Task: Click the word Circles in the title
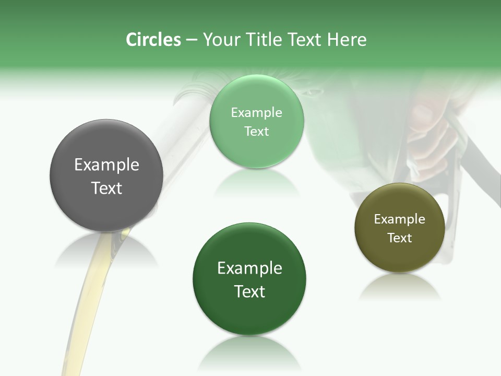153,40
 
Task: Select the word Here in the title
347,40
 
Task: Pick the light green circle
256,151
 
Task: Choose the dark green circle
249,313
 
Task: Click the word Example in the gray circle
106,165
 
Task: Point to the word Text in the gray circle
106,188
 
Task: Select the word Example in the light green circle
256,113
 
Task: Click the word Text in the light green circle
256,131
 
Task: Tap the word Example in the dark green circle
249,268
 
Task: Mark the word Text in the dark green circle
249,291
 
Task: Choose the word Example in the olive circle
399,219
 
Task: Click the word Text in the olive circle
399,238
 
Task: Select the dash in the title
192,40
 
